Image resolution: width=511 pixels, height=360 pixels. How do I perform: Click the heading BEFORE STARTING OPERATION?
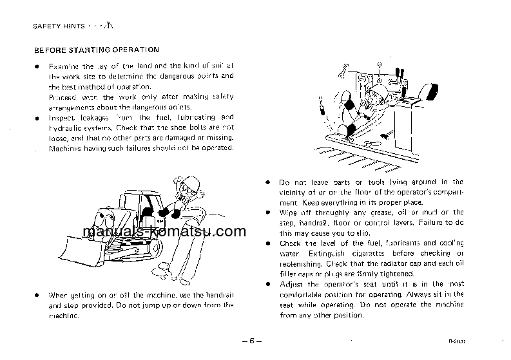pos(96,50)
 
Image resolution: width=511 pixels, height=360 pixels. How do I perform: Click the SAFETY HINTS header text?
pos(57,26)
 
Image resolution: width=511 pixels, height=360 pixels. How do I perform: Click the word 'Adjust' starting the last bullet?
pos(291,285)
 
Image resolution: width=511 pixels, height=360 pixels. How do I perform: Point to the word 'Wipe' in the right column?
pos(288,213)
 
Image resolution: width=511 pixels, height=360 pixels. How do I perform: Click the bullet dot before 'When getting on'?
pos(37,295)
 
